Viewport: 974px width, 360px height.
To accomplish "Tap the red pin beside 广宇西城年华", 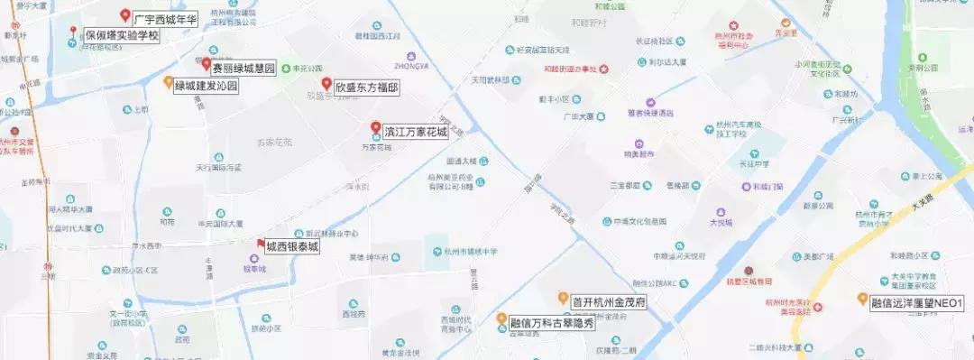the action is pyautogui.click(x=125, y=15).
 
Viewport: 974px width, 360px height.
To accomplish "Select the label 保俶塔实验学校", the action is pyautogui.click(x=121, y=37).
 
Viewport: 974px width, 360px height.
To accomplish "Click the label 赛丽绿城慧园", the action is pyautogui.click(x=243, y=69).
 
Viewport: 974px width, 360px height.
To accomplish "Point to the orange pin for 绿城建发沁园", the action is pyautogui.click(x=168, y=82).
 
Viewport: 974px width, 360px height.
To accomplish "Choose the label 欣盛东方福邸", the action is pyautogui.click(x=366, y=88).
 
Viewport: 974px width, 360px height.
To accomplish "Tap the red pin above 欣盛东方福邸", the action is pyautogui.click(x=327, y=83).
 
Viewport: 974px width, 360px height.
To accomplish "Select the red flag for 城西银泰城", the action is pyautogui.click(x=261, y=244).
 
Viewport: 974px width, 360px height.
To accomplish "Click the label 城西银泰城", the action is pyautogui.click(x=292, y=247).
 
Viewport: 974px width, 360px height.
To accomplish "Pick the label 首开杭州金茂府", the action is pyautogui.click(x=609, y=300).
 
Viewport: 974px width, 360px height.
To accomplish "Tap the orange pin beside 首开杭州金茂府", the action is pyautogui.click(x=562, y=297).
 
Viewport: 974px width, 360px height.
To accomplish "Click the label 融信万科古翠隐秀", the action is pyautogui.click(x=552, y=321).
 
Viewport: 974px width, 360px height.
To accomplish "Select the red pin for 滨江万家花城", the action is pyautogui.click(x=375, y=128).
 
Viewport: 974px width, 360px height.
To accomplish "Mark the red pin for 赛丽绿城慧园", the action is pyautogui.click(x=206, y=64).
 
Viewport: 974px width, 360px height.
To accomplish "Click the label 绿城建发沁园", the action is pyautogui.click(x=206, y=87).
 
